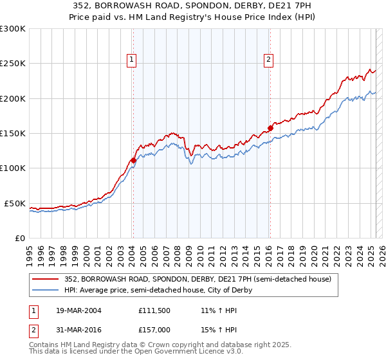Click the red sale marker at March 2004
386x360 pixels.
(133, 160)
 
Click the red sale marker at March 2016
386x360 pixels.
(270, 128)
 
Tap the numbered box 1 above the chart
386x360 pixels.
(132, 60)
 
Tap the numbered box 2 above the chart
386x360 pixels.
(268, 60)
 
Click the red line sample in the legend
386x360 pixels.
(46, 280)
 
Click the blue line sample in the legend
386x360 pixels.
(46, 290)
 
